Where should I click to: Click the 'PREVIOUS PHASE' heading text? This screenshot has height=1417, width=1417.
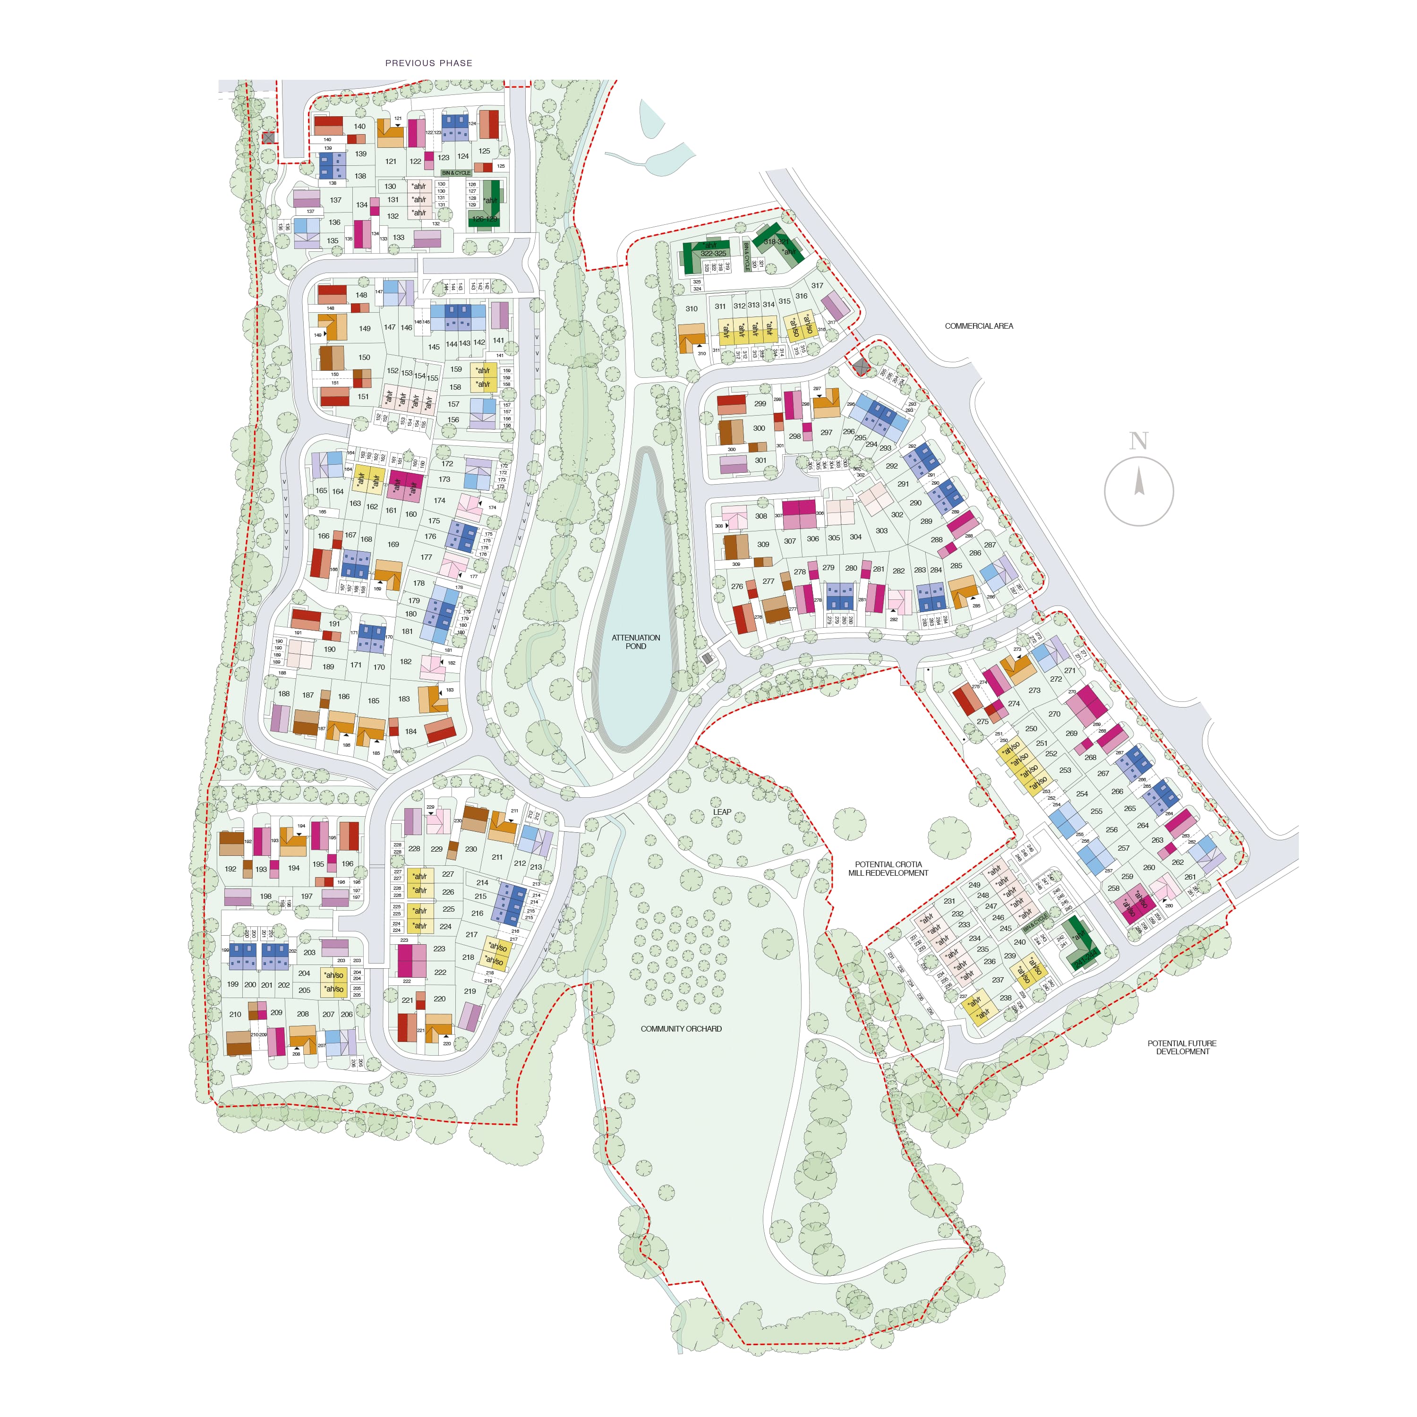(428, 63)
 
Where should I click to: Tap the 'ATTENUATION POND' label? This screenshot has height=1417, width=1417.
(636, 642)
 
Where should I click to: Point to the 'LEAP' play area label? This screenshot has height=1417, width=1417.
(722, 812)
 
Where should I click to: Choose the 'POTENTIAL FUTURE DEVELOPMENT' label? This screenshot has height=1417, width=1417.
(1182, 1047)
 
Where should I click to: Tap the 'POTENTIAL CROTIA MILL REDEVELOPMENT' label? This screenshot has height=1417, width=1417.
(888, 869)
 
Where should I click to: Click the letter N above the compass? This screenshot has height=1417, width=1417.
(1138, 441)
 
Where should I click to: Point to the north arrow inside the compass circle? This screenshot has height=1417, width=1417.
(1139, 483)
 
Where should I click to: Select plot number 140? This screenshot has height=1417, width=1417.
(359, 126)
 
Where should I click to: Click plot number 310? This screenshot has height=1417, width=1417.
(691, 309)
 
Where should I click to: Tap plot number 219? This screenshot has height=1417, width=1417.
(470, 991)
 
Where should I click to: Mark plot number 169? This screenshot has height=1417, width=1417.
(393, 544)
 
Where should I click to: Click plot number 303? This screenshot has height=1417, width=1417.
(881, 530)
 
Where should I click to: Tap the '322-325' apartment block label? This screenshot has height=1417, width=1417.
(713, 254)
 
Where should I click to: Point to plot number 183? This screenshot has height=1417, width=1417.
(404, 698)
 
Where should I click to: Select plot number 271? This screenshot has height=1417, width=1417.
(1070, 670)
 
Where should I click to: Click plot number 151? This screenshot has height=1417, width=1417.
(363, 397)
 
